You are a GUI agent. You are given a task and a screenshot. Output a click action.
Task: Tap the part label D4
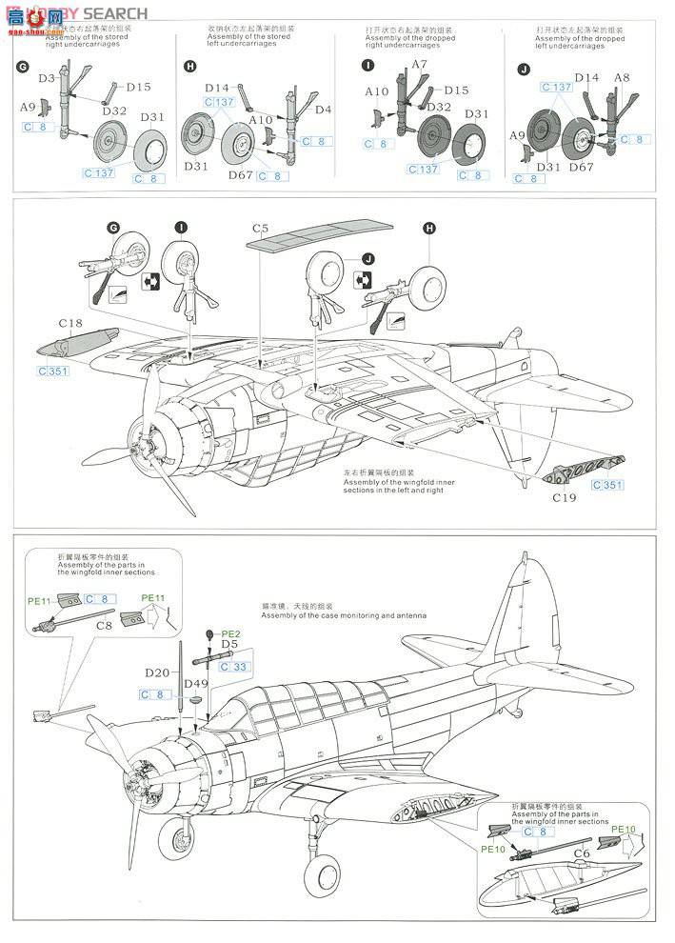pyautogui.click(x=323, y=110)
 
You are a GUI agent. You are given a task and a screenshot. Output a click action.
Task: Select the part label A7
pyautogui.click(x=420, y=65)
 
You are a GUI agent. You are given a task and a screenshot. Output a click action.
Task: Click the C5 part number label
pyautogui.click(x=261, y=230)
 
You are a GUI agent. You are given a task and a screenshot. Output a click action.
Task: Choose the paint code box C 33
pyautogui.click(x=235, y=667)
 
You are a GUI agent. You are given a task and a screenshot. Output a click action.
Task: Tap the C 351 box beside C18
pyautogui.click(x=53, y=371)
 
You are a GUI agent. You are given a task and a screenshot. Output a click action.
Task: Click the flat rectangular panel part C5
pyautogui.click(x=319, y=235)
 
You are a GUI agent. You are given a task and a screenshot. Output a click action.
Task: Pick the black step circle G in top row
pyautogui.click(x=22, y=66)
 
